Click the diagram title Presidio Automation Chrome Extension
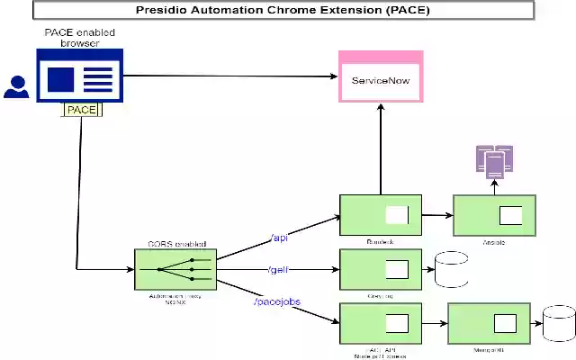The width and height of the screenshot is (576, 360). (283, 11)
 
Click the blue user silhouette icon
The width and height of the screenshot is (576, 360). (15, 86)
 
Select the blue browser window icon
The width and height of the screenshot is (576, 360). (80, 76)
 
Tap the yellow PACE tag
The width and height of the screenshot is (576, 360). (81, 110)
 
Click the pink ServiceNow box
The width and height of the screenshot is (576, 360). (380, 80)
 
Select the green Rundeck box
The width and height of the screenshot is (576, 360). (380, 215)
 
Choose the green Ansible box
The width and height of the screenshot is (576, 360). (494, 216)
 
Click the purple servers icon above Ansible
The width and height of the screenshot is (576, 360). (494, 161)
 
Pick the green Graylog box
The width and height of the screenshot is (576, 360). (380, 269)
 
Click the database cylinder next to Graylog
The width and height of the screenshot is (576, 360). (451, 269)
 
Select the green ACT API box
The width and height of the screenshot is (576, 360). (380, 323)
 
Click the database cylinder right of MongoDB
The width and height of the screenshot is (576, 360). (559, 323)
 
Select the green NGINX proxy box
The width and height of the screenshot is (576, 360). (175, 269)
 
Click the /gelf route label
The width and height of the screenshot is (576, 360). (280, 270)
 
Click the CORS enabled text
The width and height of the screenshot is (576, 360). (176, 244)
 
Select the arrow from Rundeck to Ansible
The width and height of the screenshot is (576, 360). (437, 216)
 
